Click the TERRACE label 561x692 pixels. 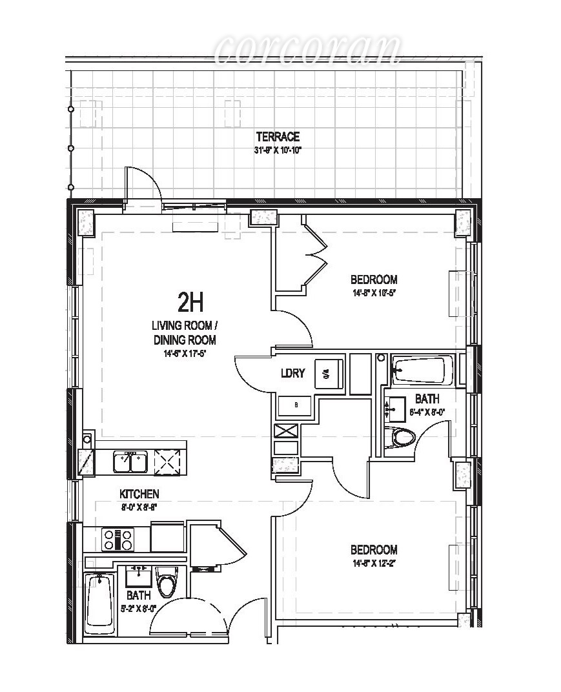tap(278, 137)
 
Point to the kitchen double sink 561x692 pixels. tap(130, 462)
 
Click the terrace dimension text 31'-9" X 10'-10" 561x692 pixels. tap(278, 150)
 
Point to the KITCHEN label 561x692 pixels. tap(139, 494)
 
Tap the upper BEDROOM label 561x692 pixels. tap(374, 280)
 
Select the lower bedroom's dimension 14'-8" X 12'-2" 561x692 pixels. tap(374, 564)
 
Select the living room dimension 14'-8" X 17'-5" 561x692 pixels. tap(185, 353)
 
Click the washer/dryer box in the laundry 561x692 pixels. tap(324, 374)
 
